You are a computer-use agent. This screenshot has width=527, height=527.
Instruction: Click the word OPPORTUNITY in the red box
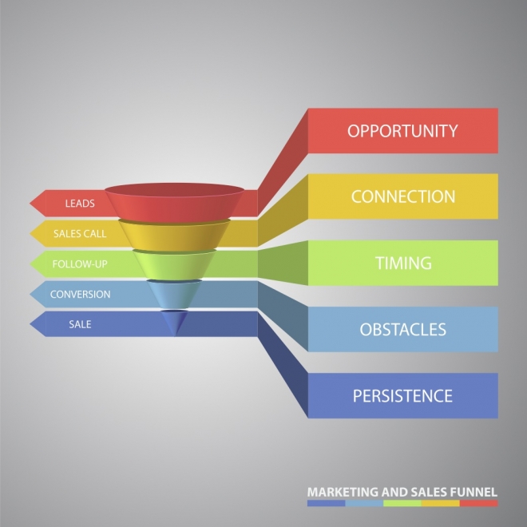(402, 131)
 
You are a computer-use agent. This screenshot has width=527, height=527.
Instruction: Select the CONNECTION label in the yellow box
(403, 196)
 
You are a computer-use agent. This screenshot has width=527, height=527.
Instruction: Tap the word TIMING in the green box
(403, 263)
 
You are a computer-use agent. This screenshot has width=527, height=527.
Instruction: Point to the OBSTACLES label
(403, 329)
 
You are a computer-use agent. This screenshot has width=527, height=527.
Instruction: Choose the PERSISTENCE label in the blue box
(402, 395)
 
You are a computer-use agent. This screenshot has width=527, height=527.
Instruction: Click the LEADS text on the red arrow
(80, 204)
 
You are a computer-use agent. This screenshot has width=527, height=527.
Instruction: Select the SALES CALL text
(80, 234)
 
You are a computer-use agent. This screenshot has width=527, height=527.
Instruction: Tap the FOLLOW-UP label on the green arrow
(80, 263)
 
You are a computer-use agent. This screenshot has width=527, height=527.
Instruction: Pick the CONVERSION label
(81, 294)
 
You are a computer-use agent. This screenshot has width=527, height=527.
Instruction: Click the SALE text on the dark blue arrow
(80, 324)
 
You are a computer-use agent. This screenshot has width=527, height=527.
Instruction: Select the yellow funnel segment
(174, 236)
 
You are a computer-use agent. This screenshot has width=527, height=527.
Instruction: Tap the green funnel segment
(174, 266)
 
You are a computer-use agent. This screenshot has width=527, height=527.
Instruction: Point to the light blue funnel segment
(174, 294)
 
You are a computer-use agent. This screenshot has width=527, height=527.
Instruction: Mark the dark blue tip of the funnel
(174, 321)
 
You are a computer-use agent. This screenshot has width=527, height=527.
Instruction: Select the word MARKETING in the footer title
(343, 492)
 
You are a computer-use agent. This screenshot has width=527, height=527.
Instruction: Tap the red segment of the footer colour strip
(478, 503)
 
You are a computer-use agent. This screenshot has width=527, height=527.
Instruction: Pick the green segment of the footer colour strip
(402, 503)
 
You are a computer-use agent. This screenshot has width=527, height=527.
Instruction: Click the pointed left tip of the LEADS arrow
(30, 203)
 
